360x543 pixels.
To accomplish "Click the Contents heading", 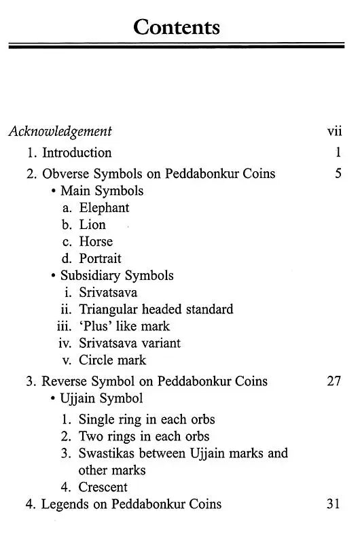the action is [177, 27].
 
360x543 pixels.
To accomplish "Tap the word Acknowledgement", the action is [60, 131].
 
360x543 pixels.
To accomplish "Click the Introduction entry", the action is [76, 152].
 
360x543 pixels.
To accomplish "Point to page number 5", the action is [338, 173].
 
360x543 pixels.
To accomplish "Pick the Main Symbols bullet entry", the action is [102, 191].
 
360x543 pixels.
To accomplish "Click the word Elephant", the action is [104, 208].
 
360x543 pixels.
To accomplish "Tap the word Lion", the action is [92, 225].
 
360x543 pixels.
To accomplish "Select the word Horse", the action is [96, 241].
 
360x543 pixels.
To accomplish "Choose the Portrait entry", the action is [100, 258].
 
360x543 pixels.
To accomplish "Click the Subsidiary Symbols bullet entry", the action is [117, 275].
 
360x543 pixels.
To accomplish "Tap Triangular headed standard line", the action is [156, 309].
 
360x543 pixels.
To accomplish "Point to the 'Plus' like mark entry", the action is [124, 326].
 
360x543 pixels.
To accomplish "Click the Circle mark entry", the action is [112, 360].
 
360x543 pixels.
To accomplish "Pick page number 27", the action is [334, 381].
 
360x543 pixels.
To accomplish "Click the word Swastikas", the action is [107, 453].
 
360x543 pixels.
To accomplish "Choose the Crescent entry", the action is [103, 487].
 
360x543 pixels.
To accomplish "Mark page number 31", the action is [334, 504].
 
